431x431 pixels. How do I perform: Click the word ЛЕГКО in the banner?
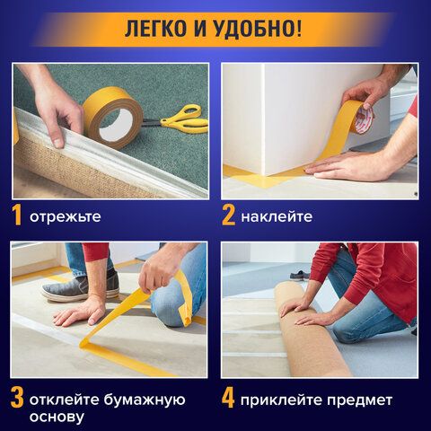[x=154, y=30]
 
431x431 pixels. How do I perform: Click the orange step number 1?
[x=16, y=215]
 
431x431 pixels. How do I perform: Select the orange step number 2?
[x=228, y=215]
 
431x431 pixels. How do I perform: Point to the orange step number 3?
[x=17, y=398]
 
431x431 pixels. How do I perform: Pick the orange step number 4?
[x=228, y=398]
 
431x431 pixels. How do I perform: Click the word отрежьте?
[x=66, y=216]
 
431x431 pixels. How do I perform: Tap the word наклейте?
[x=277, y=216]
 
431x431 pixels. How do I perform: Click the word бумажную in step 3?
[x=145, y=400]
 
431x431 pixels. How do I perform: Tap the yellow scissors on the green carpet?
[x=178, y=119]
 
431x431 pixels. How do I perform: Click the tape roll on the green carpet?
[x=113, y=118]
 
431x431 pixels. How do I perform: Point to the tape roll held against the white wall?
[x=362, y=115]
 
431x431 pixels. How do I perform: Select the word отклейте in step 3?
[x=65, y=400]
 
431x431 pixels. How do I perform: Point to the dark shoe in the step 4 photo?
[x=296, y=275]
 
